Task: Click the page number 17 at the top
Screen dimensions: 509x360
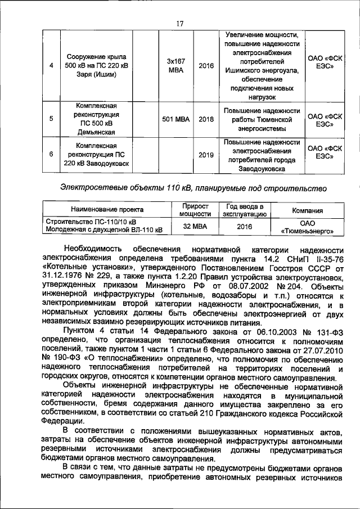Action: (x=180, y=23)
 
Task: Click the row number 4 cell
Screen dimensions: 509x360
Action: (x=51, y=65)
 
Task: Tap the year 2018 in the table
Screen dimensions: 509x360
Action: (x=206, y=119)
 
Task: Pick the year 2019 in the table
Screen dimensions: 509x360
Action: (x=206, y=155)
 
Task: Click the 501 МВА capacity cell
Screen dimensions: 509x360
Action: (x=176, y=119)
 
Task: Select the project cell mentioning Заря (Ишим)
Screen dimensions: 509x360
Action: (x=96, y=65)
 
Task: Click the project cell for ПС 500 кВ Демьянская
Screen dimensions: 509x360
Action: (x=96, y=119)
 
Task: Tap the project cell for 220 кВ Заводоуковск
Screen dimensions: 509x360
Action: (x=96, y=155)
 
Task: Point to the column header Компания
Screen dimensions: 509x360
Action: (x=307, y=210)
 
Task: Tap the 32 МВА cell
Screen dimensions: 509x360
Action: (x=195, y=226)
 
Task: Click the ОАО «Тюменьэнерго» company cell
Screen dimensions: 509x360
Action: (x=307, y=226)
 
